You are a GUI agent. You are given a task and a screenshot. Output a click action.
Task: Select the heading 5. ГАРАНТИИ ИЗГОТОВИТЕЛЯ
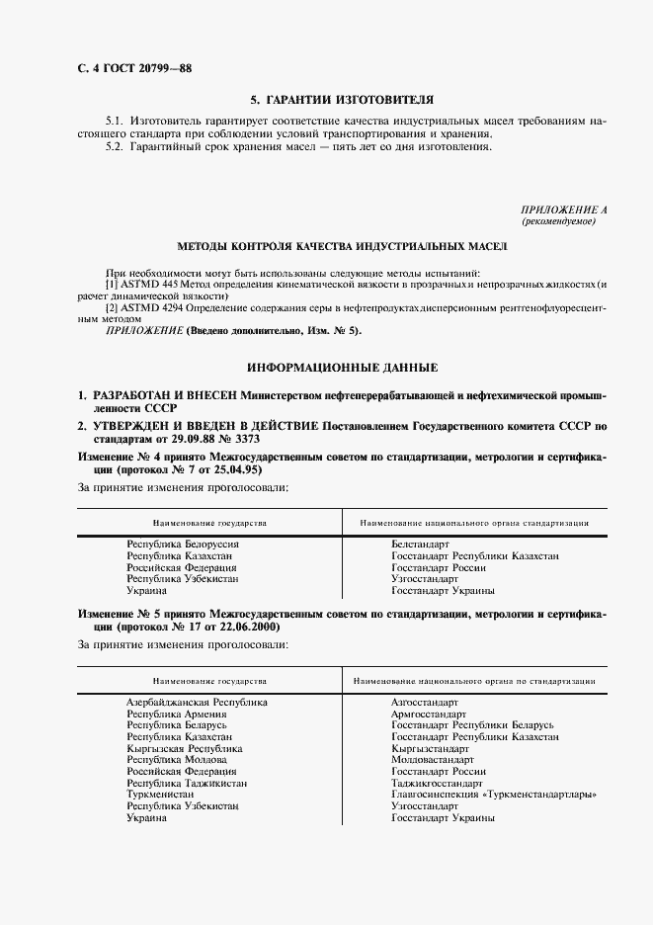coord(342,100)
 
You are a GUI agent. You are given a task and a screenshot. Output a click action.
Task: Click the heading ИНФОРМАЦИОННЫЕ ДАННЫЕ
coord(342,367)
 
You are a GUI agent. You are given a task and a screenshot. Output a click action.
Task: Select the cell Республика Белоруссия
coord(184,545)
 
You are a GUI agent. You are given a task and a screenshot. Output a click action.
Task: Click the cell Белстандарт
coord(420,545)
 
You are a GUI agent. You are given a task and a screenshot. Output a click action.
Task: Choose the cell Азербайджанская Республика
coord(197,702)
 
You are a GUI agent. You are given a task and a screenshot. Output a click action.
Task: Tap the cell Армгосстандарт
coord(430,714)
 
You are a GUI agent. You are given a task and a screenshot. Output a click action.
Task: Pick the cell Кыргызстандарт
coord(430,748)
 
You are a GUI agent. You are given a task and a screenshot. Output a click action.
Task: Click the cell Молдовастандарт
coord(434,760)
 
